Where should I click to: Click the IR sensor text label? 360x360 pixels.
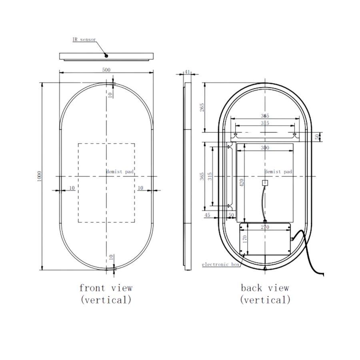[84, 40]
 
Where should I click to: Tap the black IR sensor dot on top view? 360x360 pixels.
[107, 56]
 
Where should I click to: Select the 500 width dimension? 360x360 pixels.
[106, 70]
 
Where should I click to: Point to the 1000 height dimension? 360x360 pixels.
[39, 176]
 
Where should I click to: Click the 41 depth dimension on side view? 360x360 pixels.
[187, 72]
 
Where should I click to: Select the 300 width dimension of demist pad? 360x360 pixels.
[265, 148]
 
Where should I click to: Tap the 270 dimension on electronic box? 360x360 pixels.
[265, 227]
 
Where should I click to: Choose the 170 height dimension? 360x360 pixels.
[245, 239]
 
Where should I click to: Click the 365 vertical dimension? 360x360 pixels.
[202, 176]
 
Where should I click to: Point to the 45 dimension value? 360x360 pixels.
[207, 215]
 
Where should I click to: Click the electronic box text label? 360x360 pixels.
[220, 264]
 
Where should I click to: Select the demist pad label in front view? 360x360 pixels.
[120, 171]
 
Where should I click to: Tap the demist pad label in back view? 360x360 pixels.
[278, 171]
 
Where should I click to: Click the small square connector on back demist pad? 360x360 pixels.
[264, 183]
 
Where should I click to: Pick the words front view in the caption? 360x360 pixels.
[106, 288]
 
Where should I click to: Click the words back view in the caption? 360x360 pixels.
[265, 288]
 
